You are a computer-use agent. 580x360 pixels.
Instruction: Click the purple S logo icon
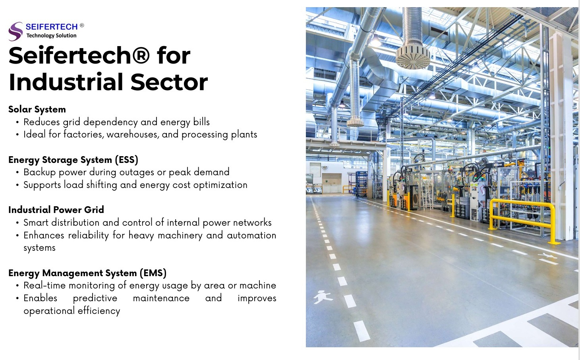(15, 31)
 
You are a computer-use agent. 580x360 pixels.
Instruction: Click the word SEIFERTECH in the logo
(52, 27)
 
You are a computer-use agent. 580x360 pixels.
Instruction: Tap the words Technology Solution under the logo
(51, 36)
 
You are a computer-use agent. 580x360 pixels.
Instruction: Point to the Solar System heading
(37, 109)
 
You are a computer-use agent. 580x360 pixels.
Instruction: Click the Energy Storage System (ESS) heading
(73, 160)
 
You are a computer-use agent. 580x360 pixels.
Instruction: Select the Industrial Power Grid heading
(56, 210)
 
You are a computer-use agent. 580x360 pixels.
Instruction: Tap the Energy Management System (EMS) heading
(87, 273)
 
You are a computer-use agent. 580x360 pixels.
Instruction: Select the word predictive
(95, 298)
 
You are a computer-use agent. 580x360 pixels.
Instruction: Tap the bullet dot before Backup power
(17, 172)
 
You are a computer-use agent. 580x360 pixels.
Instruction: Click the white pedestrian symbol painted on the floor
(322, 296)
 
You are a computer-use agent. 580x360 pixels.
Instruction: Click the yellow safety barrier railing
(522, 216)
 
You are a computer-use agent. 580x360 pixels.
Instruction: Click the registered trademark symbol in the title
(140, 55)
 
